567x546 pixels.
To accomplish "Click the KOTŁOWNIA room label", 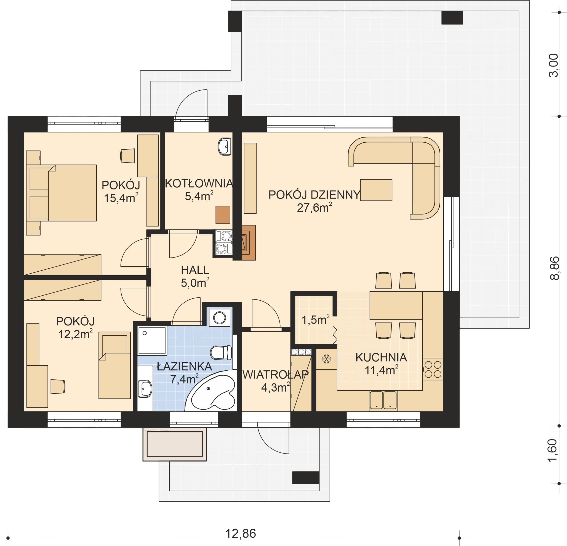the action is point(199,183).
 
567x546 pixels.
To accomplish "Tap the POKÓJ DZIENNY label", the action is point(314,195).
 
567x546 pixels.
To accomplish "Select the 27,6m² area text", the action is point(314,207).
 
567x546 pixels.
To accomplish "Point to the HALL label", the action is point(195,270).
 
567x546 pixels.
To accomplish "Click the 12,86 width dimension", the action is point(241,533).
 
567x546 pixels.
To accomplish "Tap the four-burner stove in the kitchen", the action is point(433,369).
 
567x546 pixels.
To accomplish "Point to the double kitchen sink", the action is point(383,401).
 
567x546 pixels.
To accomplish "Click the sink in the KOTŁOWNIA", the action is point(225,147).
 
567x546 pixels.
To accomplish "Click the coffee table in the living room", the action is point(376,190).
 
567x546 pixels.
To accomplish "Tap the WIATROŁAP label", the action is point(275,375).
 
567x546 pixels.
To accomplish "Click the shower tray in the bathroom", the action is point(152,340).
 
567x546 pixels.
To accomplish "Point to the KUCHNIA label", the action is point(381,358).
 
